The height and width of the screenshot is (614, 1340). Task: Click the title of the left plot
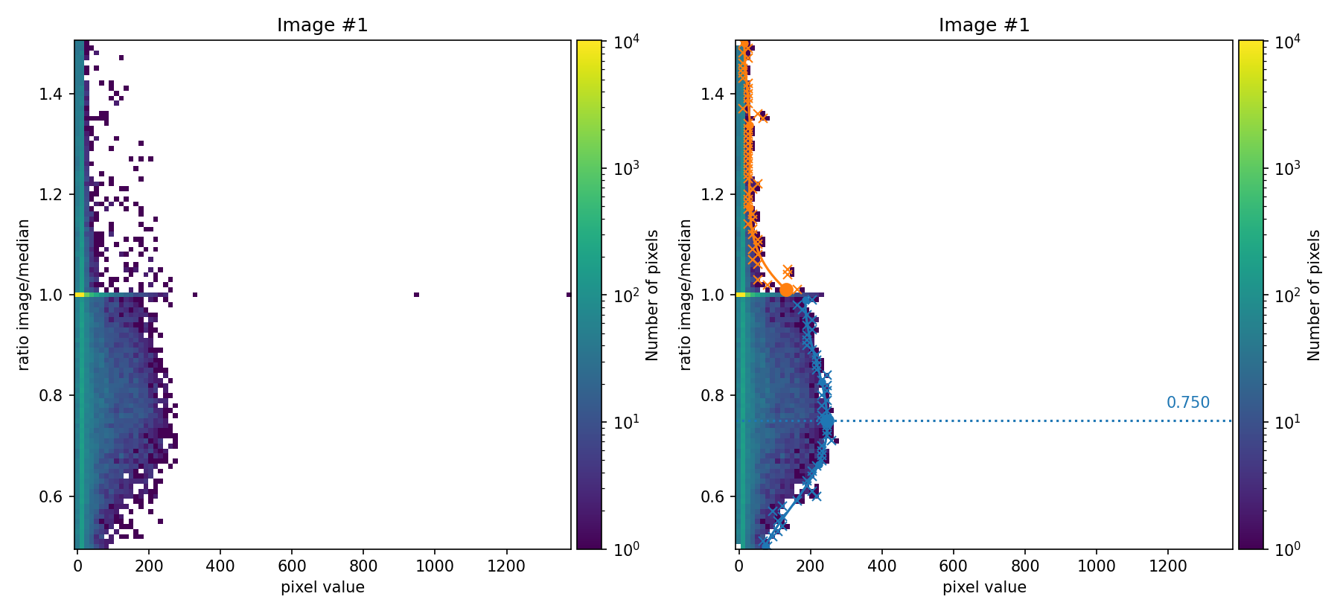322,25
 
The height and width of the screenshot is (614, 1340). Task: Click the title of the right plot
984,25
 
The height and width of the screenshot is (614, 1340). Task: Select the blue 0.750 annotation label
1187,403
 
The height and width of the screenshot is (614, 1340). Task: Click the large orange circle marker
786,290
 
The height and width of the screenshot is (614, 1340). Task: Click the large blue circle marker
827,421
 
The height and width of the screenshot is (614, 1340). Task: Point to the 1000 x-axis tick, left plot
435,566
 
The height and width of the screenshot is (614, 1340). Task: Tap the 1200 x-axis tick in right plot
1168,566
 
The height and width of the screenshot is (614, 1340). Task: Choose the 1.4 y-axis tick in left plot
52,94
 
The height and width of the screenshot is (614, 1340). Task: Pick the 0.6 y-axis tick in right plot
713,496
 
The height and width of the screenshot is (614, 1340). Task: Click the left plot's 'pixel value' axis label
322,587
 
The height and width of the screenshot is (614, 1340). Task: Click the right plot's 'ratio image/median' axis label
686,295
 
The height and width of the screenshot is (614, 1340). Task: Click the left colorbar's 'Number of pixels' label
652,295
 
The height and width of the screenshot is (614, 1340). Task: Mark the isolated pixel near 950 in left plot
416,295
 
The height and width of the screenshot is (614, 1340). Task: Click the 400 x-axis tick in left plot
220,566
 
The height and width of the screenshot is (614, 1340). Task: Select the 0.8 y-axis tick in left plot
52,395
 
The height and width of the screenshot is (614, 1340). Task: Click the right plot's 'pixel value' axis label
984,587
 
